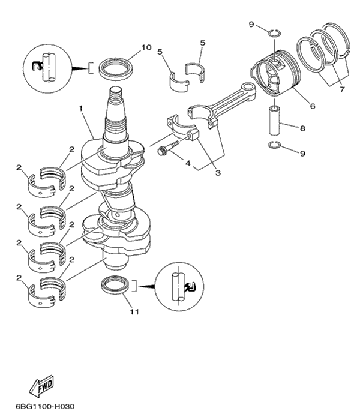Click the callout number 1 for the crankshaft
[x=80, y=109]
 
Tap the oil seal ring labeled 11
[x=113, y=285]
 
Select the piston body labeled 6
[x=274, y=74]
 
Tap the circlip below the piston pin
[x=274, y=145]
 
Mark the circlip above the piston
[x=272, y=32]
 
